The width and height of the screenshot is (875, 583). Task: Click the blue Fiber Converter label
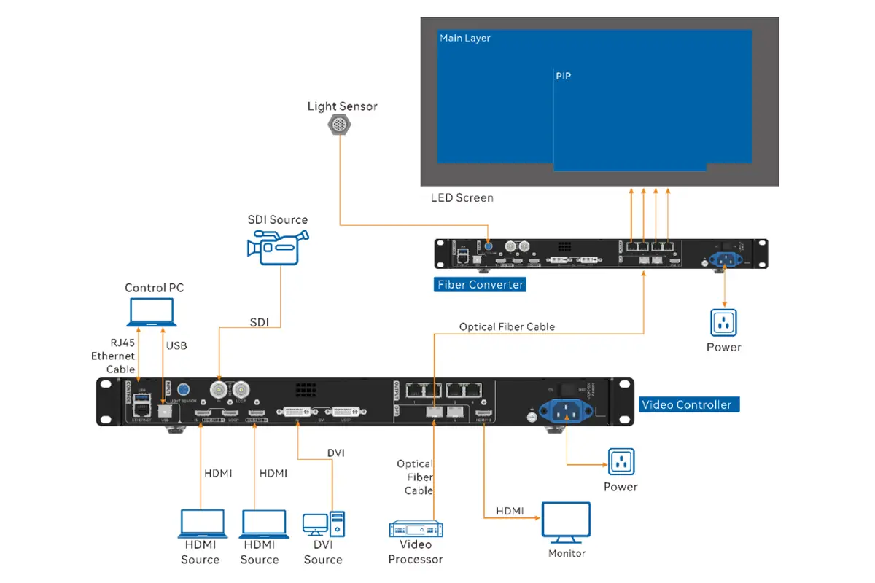(481, 284)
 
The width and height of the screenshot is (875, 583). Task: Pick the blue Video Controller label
(688, 404)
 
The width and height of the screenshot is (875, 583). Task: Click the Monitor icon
(567, 522)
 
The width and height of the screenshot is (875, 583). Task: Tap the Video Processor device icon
(416, 528)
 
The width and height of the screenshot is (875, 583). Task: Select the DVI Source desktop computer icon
(323, 526)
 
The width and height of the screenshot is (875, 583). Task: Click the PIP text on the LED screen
(563, 77)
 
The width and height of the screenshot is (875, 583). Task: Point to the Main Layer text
(465, 38)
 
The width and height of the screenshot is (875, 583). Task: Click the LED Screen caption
(462, 197)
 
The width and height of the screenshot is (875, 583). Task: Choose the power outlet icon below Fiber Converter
(723, 322)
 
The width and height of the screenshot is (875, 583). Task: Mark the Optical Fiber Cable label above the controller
(507, 326)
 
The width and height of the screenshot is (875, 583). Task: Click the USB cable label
(176, 345)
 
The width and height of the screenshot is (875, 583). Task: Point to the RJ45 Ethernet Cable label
(113, 356)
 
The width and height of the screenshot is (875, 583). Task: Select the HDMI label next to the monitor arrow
(509, 511)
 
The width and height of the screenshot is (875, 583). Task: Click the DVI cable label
(335, 453)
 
